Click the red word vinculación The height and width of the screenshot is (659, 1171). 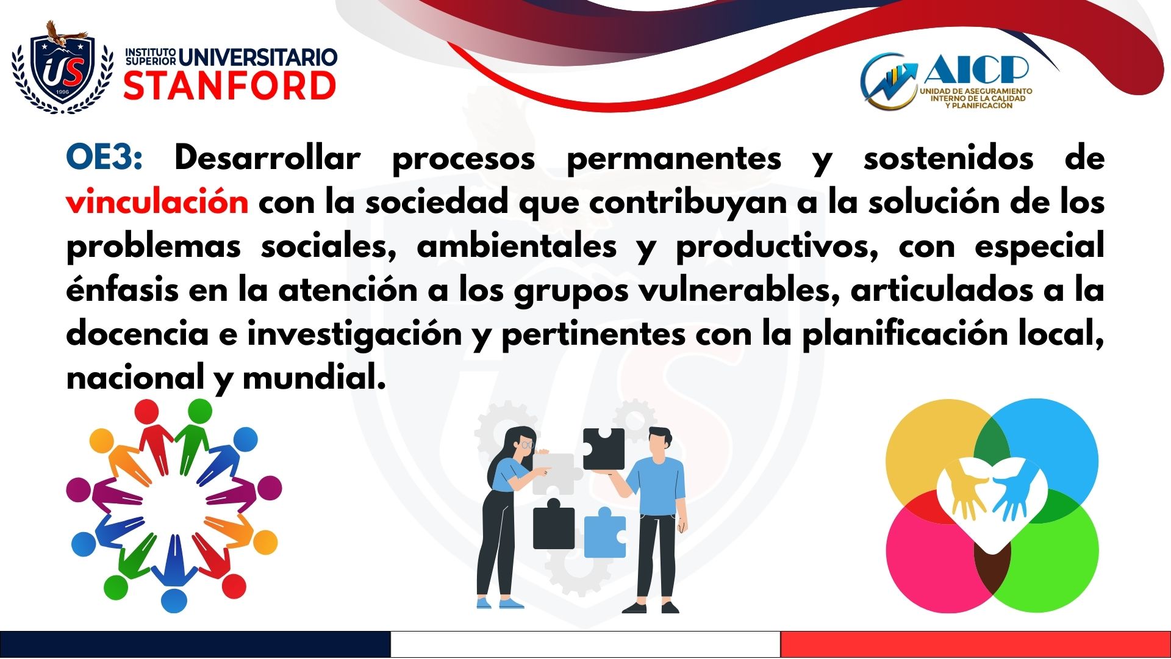coord(157,202)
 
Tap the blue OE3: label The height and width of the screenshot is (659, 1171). coord(104,158)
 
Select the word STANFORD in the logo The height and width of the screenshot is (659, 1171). coord(230,85)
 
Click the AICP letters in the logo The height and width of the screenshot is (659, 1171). coord(975,70)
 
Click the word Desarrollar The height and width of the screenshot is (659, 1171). coord(267,158)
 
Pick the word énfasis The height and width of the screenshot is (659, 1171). coord(122,290)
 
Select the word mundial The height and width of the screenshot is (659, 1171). coord(314,377)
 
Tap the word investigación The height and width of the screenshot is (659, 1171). coord(354,334)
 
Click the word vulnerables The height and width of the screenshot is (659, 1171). coord(740,290)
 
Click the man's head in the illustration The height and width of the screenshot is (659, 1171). coord(659,444)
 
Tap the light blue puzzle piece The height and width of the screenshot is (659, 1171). coord(605,532)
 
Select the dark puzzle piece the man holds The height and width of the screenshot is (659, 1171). coord(603,448)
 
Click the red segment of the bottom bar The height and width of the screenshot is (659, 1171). coord(976,644)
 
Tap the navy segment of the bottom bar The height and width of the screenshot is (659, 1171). coord(195,644)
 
